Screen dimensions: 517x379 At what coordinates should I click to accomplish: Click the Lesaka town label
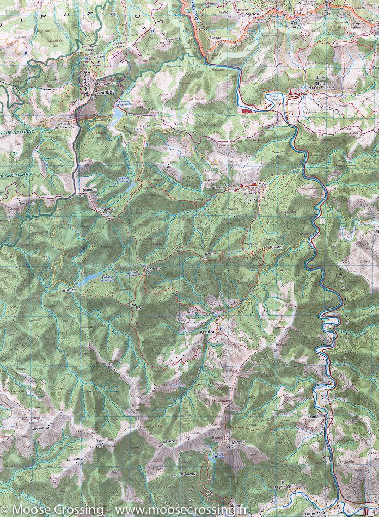(251, 200)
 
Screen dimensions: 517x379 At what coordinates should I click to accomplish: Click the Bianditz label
(89, 190)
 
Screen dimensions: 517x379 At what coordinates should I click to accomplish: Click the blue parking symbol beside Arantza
(219, 331)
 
